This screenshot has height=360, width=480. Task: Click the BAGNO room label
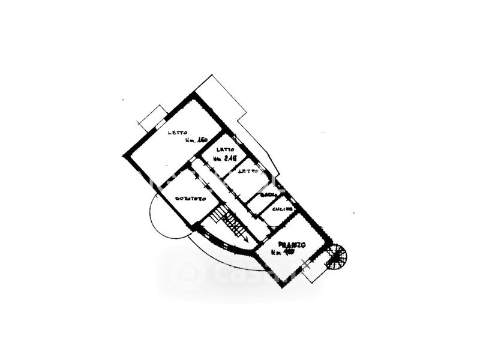tap(268, 197)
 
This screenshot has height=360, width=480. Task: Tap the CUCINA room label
tap(281, 208)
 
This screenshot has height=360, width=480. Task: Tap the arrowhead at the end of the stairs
tap(247, 239)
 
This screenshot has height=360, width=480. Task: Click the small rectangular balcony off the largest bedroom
tap(152, 117)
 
